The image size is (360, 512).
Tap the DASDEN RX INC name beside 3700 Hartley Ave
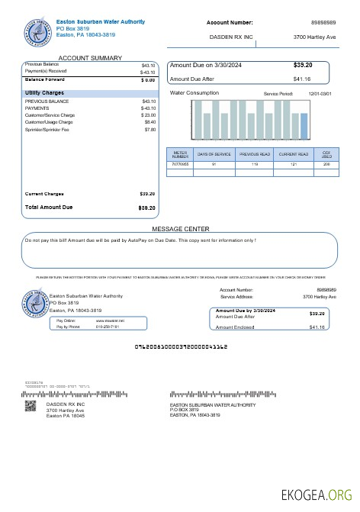click(231, 37)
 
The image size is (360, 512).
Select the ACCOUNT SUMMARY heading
click(90, 58)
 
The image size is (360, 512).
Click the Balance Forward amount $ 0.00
click(148, 79)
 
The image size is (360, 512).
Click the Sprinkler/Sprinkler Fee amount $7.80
click(149, 130)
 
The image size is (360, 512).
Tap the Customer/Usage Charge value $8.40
click(149, 122)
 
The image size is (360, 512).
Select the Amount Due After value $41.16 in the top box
click(302, 79)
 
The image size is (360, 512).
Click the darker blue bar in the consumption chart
click(304, 126)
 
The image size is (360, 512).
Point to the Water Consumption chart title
click(194, 93)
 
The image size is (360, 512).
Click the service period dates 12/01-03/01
click(320, 93)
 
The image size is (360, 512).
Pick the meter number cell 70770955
click(180, 164)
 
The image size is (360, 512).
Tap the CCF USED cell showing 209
click(326, 164)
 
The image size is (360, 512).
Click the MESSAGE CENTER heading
click(180, 229)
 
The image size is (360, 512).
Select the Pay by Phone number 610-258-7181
click(107, 327)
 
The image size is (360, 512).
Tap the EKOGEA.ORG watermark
click(317, 494)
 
